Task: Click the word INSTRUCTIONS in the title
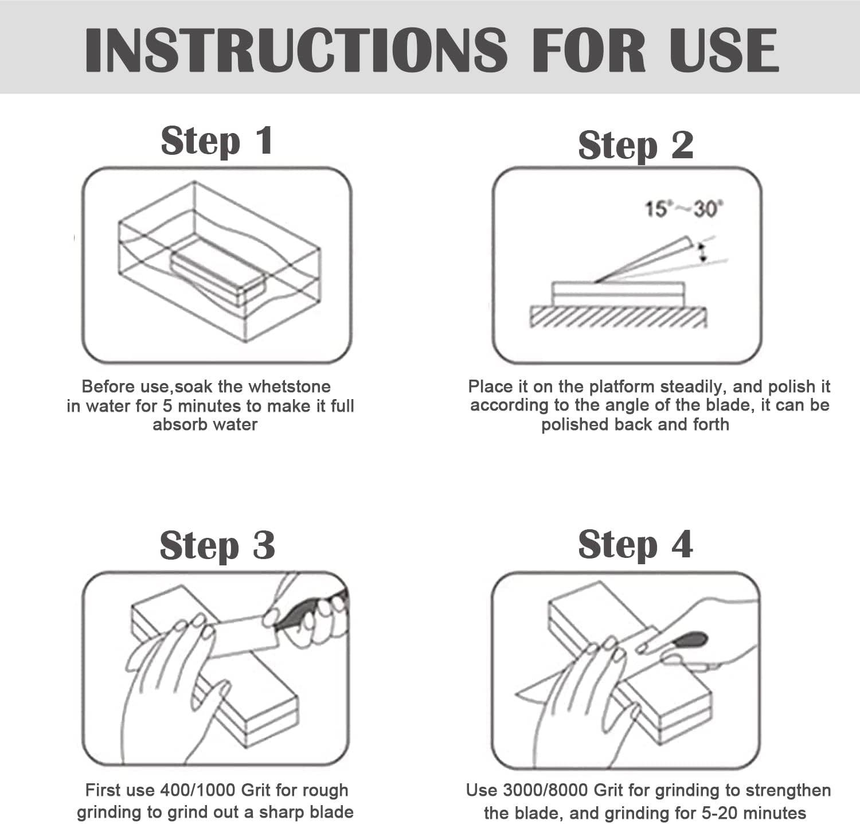[296, 49]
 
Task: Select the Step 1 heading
[217, 141]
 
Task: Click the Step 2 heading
[635, 145]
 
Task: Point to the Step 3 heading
[217, 545]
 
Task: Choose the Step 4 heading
[635, 544]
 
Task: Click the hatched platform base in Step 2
[618, 317]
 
